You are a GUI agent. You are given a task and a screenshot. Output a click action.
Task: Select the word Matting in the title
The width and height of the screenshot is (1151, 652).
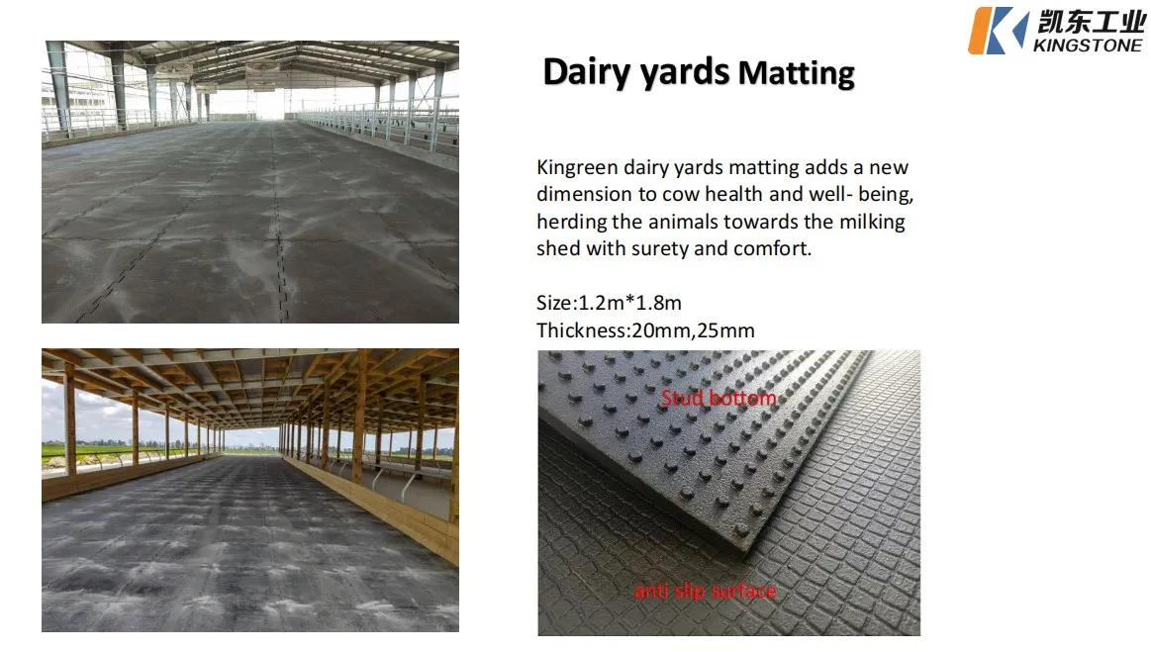pyautogui.click(x=797, y=73)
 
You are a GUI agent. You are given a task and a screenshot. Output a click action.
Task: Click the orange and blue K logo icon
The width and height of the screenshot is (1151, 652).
pyautogui.click(x=998, y=30)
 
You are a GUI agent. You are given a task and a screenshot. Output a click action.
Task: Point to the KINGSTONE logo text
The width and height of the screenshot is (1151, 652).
pyautogui.click(x=1087, y=45)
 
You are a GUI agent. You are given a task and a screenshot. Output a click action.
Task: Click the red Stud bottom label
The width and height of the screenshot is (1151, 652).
pyautogui.click(x=719, y=399)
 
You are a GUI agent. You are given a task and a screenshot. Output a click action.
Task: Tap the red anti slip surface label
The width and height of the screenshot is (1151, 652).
pyautogui.click(x=705, y=592)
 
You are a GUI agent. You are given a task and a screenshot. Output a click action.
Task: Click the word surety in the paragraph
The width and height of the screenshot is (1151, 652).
pyautogui.click(x=653, y=248)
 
